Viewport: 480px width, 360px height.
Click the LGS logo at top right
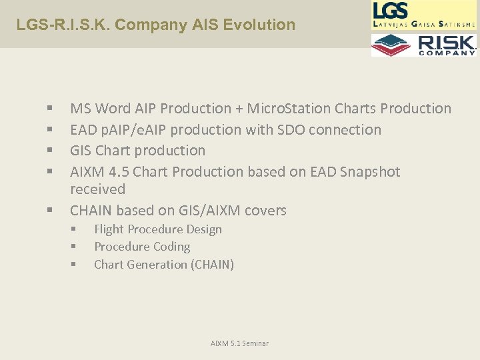[x=423, y=15]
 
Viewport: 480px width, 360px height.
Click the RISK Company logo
[x=423, y=45]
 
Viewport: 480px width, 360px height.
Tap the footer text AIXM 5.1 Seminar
[x=239, y=343]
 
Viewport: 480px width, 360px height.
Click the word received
[x=97, y=189]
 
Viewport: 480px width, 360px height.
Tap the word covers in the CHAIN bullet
[x=265, y=211]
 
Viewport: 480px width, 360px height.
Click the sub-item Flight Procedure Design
[x=158, y=229]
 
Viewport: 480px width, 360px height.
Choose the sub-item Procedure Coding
[x=142, y=247]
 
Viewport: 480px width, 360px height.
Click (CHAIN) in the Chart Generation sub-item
[x=212, y=265]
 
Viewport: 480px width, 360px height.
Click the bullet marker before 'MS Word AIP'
[x=50, y=109]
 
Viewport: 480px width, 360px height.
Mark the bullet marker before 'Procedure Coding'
[x=74, y=247]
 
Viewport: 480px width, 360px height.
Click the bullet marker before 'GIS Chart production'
[x=50, y=151]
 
